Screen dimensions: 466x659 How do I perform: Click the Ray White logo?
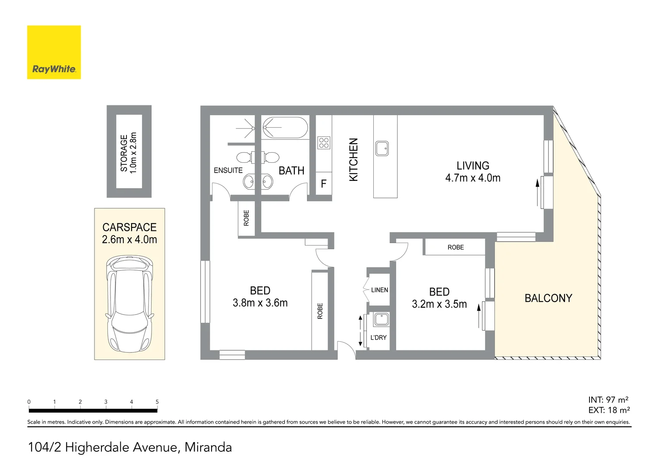tap(54, 52)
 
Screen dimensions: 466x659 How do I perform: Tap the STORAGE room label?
tap(124, 153)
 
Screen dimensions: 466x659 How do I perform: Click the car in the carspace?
tap(129, 304)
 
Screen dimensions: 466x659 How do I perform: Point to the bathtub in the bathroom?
tap(285, 128)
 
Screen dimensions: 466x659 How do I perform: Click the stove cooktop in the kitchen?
tap(324, 143)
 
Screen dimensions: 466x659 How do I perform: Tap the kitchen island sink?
tap(382, 148)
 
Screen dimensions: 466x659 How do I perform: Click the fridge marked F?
tap(324, 184)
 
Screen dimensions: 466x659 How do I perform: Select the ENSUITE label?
tap(228, 170)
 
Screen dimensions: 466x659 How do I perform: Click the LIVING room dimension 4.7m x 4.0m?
tap(473, 178)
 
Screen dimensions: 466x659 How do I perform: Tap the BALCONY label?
tap(548, 298)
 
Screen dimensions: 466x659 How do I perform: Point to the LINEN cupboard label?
tap(379, 290)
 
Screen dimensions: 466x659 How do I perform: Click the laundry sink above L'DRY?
tap(382, 320)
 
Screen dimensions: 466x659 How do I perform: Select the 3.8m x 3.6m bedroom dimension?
tap(260, 303)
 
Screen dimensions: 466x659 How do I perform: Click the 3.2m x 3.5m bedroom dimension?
tap(439, 304)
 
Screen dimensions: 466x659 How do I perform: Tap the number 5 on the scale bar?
tap(157, 402)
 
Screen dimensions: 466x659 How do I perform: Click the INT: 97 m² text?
tap(608, 400)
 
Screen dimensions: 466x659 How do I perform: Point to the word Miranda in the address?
tap(208, 447)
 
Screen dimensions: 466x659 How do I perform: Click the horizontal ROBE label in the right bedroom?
tap(455, 247)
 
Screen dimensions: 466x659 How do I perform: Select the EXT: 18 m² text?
tap(609, 410)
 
